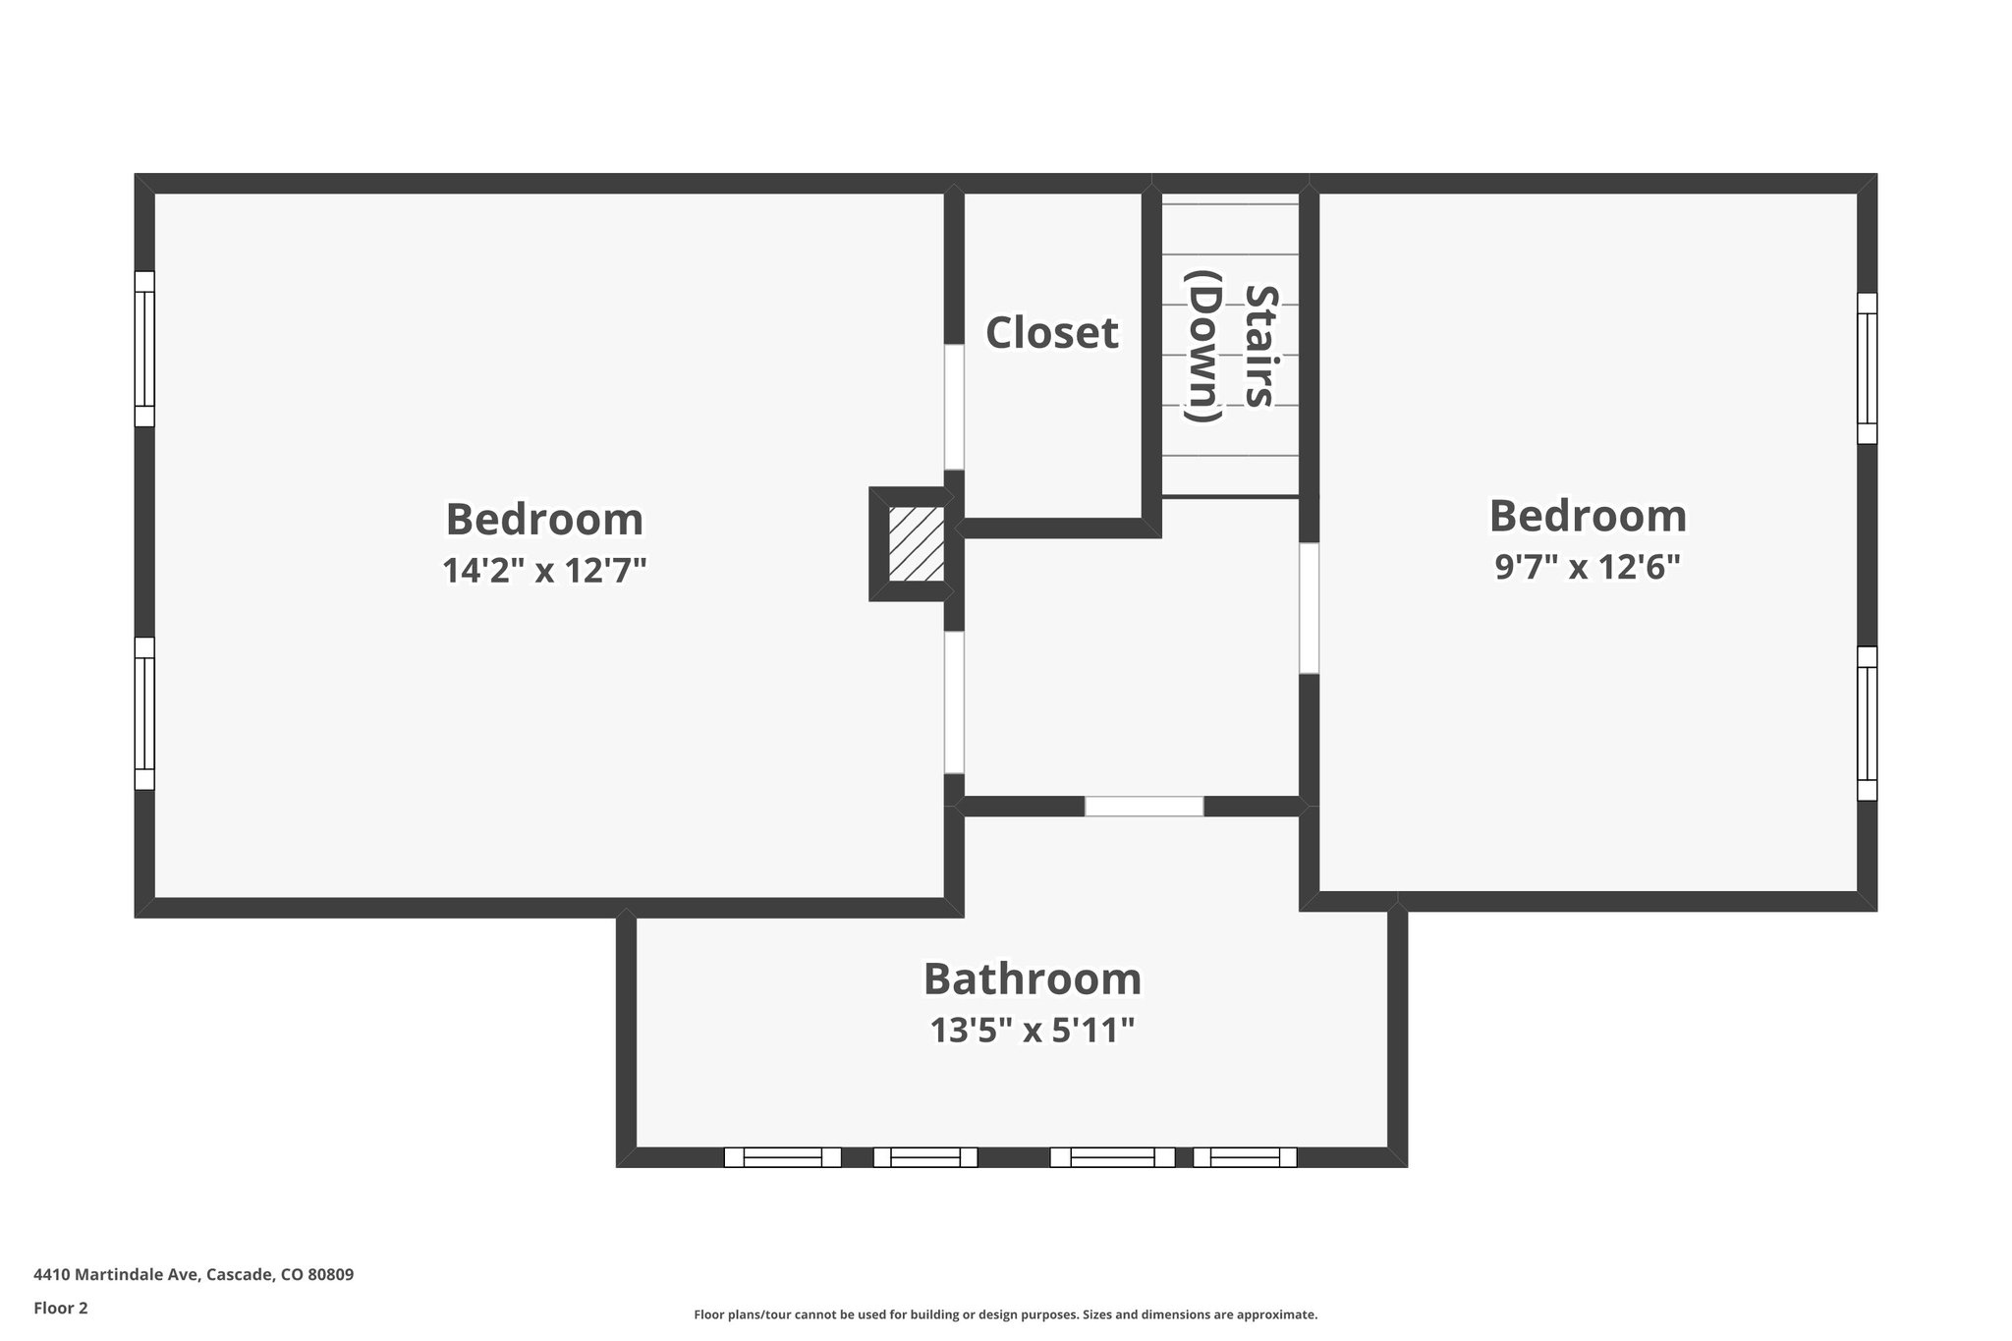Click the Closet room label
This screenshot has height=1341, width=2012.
[1051, 333]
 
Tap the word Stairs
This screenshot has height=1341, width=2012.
[1260, 346]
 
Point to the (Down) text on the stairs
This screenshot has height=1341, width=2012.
[1203, 346]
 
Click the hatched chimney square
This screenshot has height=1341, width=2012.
[916, 543]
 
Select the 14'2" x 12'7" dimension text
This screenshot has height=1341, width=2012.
[544, 570]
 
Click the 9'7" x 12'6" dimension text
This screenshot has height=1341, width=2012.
[1588, 567]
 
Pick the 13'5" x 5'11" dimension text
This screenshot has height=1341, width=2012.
[1033, 1031]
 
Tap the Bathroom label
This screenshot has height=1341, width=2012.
[1033, 979]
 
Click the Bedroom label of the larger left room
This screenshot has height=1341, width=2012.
[544, 519]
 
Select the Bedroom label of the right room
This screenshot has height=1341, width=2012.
[1588, 516]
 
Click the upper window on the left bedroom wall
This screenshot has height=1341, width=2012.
[144, 349]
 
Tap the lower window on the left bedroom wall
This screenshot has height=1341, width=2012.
[144, 713]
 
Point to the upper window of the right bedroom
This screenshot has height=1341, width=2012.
[1867, 368]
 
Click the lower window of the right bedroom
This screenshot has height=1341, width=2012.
[1867, 723]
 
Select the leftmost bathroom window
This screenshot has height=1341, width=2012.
[782, 1157]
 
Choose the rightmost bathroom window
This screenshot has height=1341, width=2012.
[1245, 1157]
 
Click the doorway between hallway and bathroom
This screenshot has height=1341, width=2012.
[1144, 807]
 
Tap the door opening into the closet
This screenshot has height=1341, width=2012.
[954, 407]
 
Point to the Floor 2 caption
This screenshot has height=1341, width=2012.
[61, 1308]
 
